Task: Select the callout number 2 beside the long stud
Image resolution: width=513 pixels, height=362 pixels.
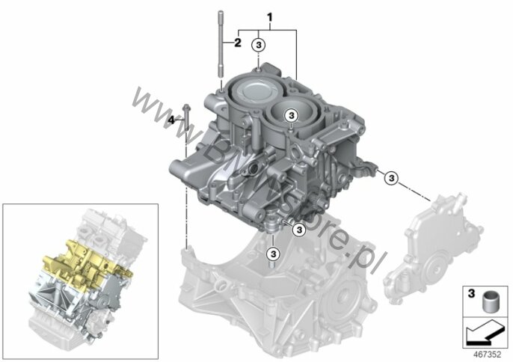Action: [237, 43]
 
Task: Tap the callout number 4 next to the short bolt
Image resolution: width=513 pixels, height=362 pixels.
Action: [171, 120]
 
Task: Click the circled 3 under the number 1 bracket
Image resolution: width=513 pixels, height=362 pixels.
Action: [259, 45]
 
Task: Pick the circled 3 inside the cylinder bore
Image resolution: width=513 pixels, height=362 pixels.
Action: [290, 115]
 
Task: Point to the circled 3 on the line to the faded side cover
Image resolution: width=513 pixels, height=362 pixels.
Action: [393, 177]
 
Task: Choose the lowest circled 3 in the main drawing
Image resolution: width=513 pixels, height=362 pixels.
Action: [273, 239]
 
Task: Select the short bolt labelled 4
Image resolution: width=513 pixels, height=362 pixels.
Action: [186, 123]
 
